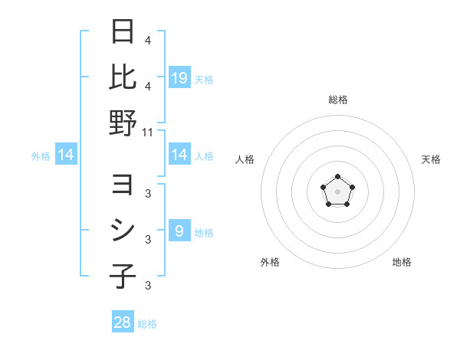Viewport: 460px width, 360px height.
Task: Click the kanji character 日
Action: pos(122,32)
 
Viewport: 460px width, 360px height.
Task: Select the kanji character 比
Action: pos(122,77)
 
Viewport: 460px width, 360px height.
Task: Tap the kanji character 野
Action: pos(122,122)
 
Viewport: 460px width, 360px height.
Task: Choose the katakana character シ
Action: pos(122,231)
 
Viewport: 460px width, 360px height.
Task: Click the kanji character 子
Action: pos(122,276)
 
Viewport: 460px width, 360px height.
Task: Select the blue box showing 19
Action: pos(179,77)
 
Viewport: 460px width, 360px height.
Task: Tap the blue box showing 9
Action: pos(179,231)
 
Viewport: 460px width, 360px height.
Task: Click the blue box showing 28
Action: pos(123,322)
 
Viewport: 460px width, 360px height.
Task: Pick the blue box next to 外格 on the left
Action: pos(66,155)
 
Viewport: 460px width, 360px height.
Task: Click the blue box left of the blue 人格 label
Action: pos(179,155)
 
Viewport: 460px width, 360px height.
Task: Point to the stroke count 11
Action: pos(148,132)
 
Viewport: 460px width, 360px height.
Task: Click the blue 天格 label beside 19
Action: pos(204,79)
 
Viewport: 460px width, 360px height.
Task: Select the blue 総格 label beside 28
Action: pos(147,324)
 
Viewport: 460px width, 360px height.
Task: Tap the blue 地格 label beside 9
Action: pos(204,232)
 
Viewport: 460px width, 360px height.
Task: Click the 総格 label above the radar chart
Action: pos(337,100)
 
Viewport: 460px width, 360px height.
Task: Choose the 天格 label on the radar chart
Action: pos(431,159)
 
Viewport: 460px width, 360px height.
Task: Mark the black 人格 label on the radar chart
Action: pos(245,159)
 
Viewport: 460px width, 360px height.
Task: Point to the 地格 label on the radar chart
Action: pos(402,262)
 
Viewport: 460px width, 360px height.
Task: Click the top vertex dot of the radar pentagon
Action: pos(337,177)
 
